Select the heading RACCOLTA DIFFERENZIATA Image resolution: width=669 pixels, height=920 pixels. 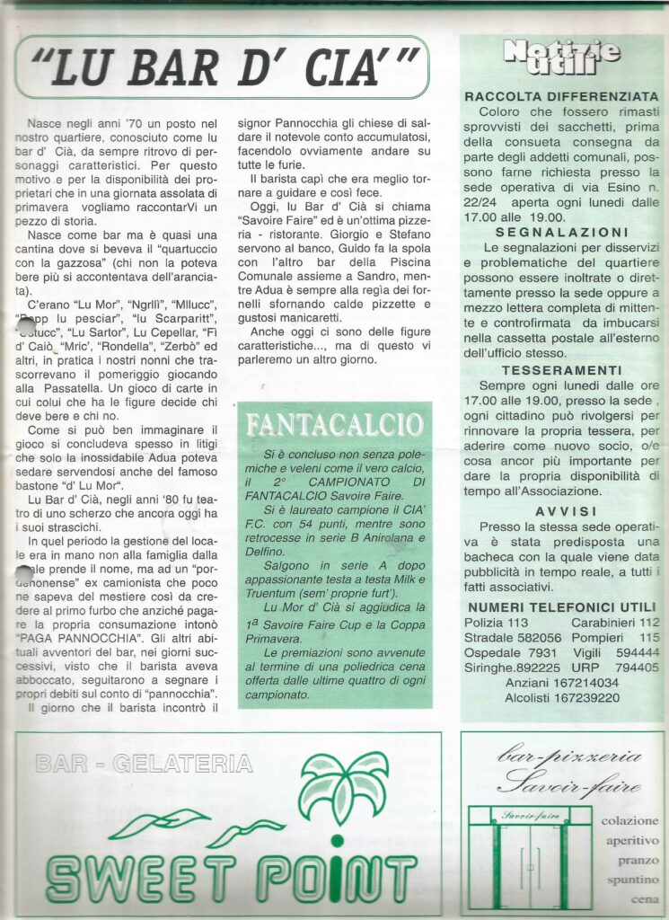561,95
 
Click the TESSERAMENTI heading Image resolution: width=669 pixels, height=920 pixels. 561,369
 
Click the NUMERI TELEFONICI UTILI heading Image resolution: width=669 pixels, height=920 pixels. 561,607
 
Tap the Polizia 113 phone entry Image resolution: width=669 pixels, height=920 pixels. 496,623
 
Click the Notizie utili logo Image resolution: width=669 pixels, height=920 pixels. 561,55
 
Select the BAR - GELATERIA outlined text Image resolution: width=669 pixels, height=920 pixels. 144,765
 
